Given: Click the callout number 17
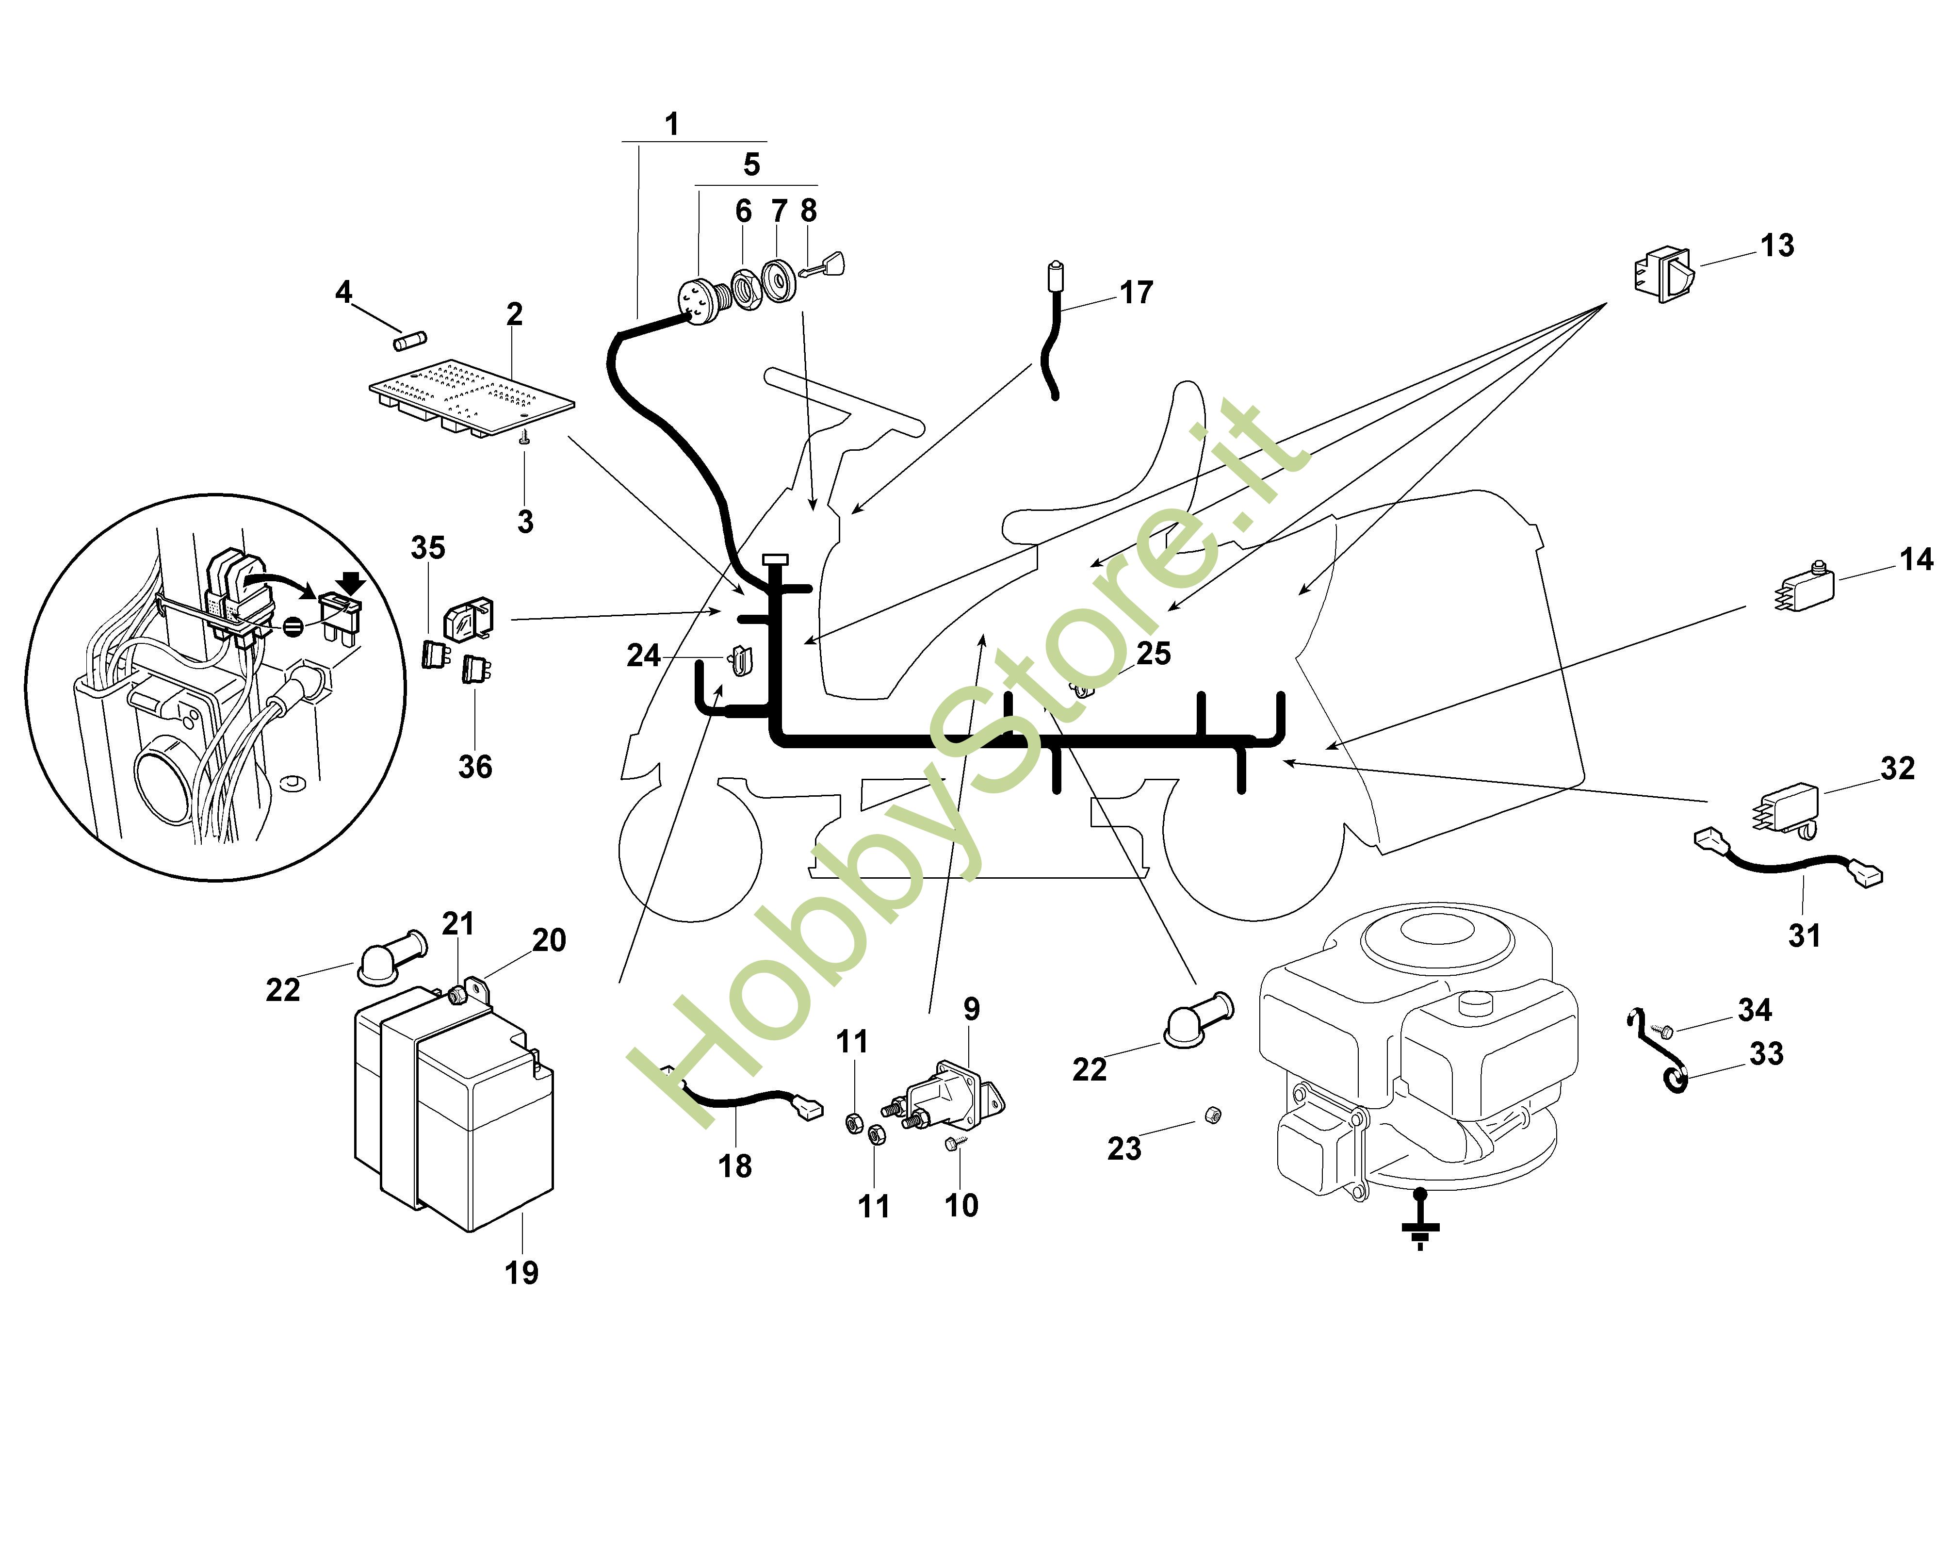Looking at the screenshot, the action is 1136,293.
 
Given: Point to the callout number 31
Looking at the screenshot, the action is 1804,935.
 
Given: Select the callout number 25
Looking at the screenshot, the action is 1154,653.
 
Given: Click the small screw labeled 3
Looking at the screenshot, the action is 523,437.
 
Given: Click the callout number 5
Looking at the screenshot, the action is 751,164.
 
